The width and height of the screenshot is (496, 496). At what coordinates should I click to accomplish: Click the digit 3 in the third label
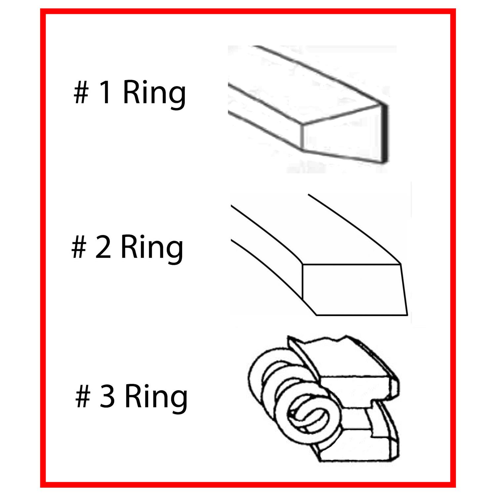point(107,397)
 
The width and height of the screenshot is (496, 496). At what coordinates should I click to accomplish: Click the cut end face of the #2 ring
point(354,289)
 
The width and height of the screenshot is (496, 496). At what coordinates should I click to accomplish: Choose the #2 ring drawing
point(319,255)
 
